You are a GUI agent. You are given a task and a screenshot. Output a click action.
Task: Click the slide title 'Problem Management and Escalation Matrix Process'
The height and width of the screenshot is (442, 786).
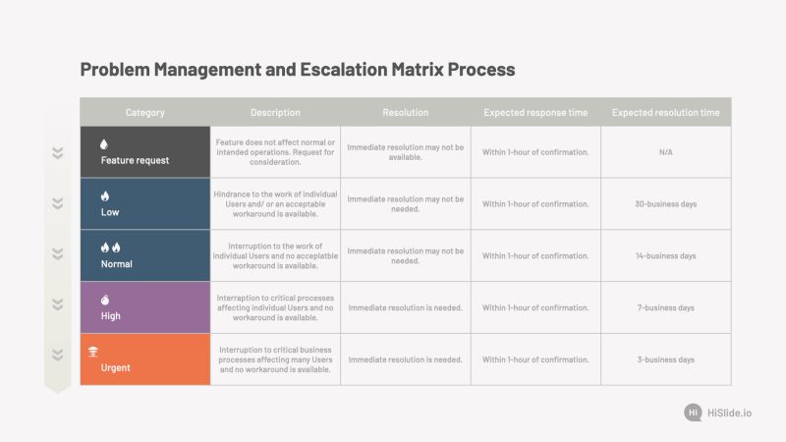pos(297,70)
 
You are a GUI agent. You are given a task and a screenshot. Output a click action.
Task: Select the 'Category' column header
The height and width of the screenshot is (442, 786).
pos(145,112)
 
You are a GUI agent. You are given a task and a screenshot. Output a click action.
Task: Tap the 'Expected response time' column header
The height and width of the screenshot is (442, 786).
pos(535,112)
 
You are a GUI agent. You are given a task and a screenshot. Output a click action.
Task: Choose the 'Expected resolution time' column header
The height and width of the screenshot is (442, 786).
pos(665,112)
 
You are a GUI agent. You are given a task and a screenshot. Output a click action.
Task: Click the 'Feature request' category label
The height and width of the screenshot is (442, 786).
pos(135,160)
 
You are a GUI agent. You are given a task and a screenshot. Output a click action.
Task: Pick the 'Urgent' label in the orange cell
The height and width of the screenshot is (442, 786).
pos(115,368)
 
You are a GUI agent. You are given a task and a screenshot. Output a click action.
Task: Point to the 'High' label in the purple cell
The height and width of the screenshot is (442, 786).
pos(111,316)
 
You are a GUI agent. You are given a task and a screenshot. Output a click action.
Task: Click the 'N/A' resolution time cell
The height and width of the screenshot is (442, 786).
pos(665,152)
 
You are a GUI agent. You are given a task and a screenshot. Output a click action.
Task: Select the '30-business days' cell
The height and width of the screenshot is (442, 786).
pos(665,204)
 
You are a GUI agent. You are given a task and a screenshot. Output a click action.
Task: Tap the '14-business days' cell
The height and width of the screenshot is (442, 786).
pos(665,256)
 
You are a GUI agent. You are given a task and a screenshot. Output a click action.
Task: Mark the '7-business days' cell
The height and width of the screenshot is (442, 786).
pos(665,307)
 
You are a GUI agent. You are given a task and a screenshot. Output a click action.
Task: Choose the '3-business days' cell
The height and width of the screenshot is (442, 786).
pos(665,359)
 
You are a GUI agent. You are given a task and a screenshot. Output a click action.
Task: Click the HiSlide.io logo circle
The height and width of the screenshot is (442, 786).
pos(694,413)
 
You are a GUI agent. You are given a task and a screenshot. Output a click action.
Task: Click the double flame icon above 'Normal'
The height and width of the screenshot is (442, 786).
pos(110,248)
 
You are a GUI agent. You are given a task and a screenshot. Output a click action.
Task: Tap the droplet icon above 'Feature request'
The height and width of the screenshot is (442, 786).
pos(105,144)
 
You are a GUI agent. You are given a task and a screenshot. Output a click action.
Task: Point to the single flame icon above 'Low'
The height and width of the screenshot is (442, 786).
pos(105,195)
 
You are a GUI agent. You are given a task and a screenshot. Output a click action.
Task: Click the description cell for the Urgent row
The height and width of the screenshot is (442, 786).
pos(275,359)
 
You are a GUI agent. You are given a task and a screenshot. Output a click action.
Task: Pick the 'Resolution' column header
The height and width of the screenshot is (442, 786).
pos(405,112)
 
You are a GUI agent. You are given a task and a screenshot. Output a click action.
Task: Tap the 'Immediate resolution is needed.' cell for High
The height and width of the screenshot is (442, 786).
pos(405,307)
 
